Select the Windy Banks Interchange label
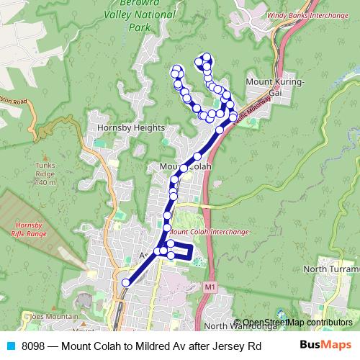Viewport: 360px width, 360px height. [x=301, y=14]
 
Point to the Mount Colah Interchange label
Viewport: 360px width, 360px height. [x=210, y=233]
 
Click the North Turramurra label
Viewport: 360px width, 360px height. [x=330, y=269]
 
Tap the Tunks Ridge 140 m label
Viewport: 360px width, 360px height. [x=45, y=174]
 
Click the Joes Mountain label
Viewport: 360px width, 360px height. [x=52, y=316]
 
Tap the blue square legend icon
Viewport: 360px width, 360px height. [x=9, y=346]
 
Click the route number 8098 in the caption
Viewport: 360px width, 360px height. [x=37, y=346]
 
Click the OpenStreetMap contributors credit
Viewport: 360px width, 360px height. [x=297, y=322]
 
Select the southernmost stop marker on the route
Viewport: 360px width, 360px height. [x=126, y=283]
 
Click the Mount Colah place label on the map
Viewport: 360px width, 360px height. [x=184, y=167]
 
